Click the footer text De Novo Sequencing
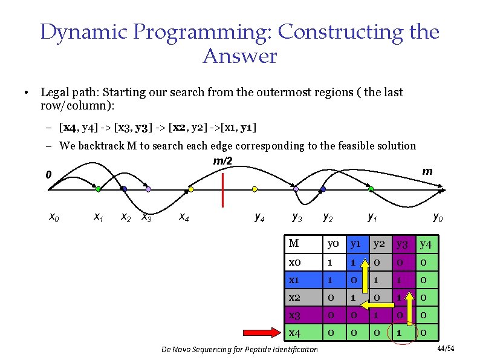click(x=241, y=350)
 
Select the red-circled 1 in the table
click(x=400, y=332)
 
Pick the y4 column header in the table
click(x=426, y=244)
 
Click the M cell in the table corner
click(x=294, y=244)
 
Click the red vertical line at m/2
click(x=223, y=189)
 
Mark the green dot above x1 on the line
click(x=98, y=189)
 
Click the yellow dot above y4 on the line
click(x=255, y=189)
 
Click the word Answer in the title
click(x=239, y=56)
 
